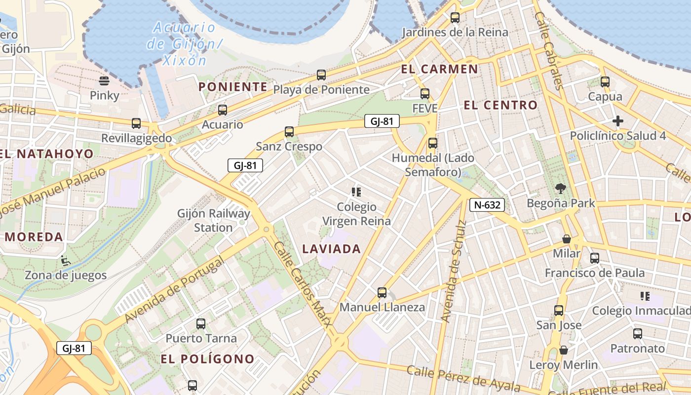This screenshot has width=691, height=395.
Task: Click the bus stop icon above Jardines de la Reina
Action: pos(455,18)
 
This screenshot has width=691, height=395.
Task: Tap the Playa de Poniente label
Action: pos(321,89)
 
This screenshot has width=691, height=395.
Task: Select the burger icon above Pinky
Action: pos(104,80)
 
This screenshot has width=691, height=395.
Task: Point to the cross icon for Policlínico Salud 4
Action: pos(617,121)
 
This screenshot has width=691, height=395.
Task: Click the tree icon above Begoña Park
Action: pos(561,188)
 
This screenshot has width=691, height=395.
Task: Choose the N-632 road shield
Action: pos(487,205)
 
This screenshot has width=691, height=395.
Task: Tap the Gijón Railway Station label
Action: pos(214,221)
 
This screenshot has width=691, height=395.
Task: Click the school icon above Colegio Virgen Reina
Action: pos(356,192)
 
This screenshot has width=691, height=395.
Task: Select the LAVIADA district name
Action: pos(332,249)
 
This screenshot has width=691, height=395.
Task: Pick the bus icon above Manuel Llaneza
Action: pos(382,292)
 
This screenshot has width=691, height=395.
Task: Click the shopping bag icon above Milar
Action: pos(567,239)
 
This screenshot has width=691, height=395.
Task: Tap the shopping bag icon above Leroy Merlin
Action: pos(564,351)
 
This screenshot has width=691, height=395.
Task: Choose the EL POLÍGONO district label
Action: pos(208,359)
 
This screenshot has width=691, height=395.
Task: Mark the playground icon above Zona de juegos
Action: pos(65,260)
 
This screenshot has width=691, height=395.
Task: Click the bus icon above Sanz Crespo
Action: pos(289,132)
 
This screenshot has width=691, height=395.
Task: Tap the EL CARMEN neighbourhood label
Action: pos(440,69)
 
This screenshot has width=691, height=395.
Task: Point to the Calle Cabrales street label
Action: pos(548,51)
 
